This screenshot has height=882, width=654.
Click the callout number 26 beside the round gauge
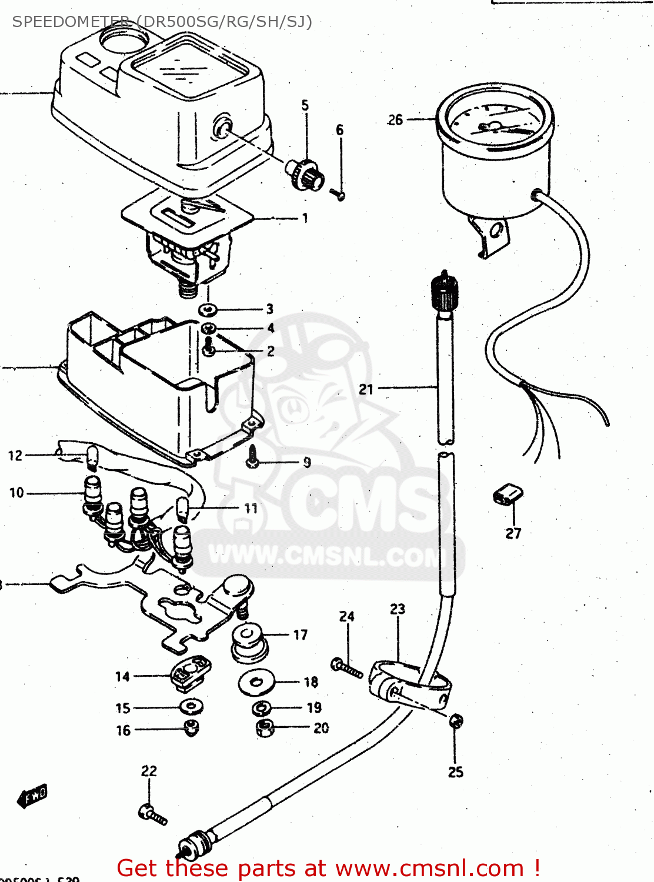point(395,120)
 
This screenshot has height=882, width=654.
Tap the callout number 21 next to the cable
point(366,389)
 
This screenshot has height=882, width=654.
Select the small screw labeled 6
point(338,193)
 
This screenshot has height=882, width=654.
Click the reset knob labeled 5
point(306,173)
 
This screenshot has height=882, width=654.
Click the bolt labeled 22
point(153,815)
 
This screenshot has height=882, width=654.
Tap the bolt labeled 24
point(347,668)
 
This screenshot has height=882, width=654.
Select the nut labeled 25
point(456,720)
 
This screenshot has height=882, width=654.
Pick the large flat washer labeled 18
point(256,682)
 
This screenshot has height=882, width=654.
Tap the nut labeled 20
point(265,728)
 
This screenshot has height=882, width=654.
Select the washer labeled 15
point(191,706)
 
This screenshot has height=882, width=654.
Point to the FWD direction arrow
point(32,796)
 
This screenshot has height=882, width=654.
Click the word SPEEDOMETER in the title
point(71,22)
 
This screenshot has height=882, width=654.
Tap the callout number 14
point(122,677)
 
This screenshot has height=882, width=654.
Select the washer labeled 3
point(208,310)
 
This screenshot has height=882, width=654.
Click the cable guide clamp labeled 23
point(406,682)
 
